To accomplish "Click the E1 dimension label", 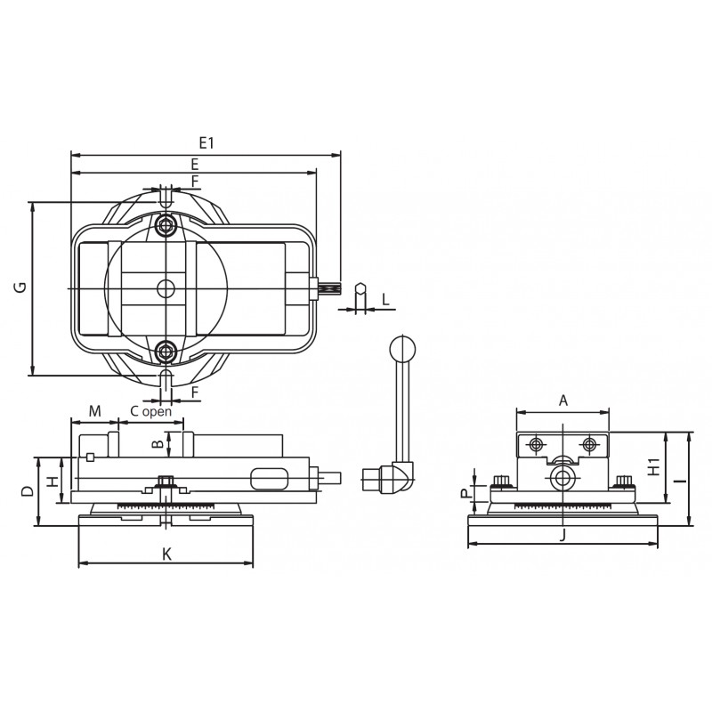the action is click(x=206, y=143).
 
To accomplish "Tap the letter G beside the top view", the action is click(x=20, y=287).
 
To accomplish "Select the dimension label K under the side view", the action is click(x=167, y=554).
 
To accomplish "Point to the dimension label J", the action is click(x=562, y=537).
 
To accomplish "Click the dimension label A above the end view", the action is click(x=563, y=400).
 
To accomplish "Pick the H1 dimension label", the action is click(x=654, y=467).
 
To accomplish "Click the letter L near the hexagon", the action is click(x=386, y=299).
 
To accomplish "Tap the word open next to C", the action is click(x=157, y=412).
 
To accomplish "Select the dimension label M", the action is click(x=94, y=411).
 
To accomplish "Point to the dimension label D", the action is click(x=28, y=491).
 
